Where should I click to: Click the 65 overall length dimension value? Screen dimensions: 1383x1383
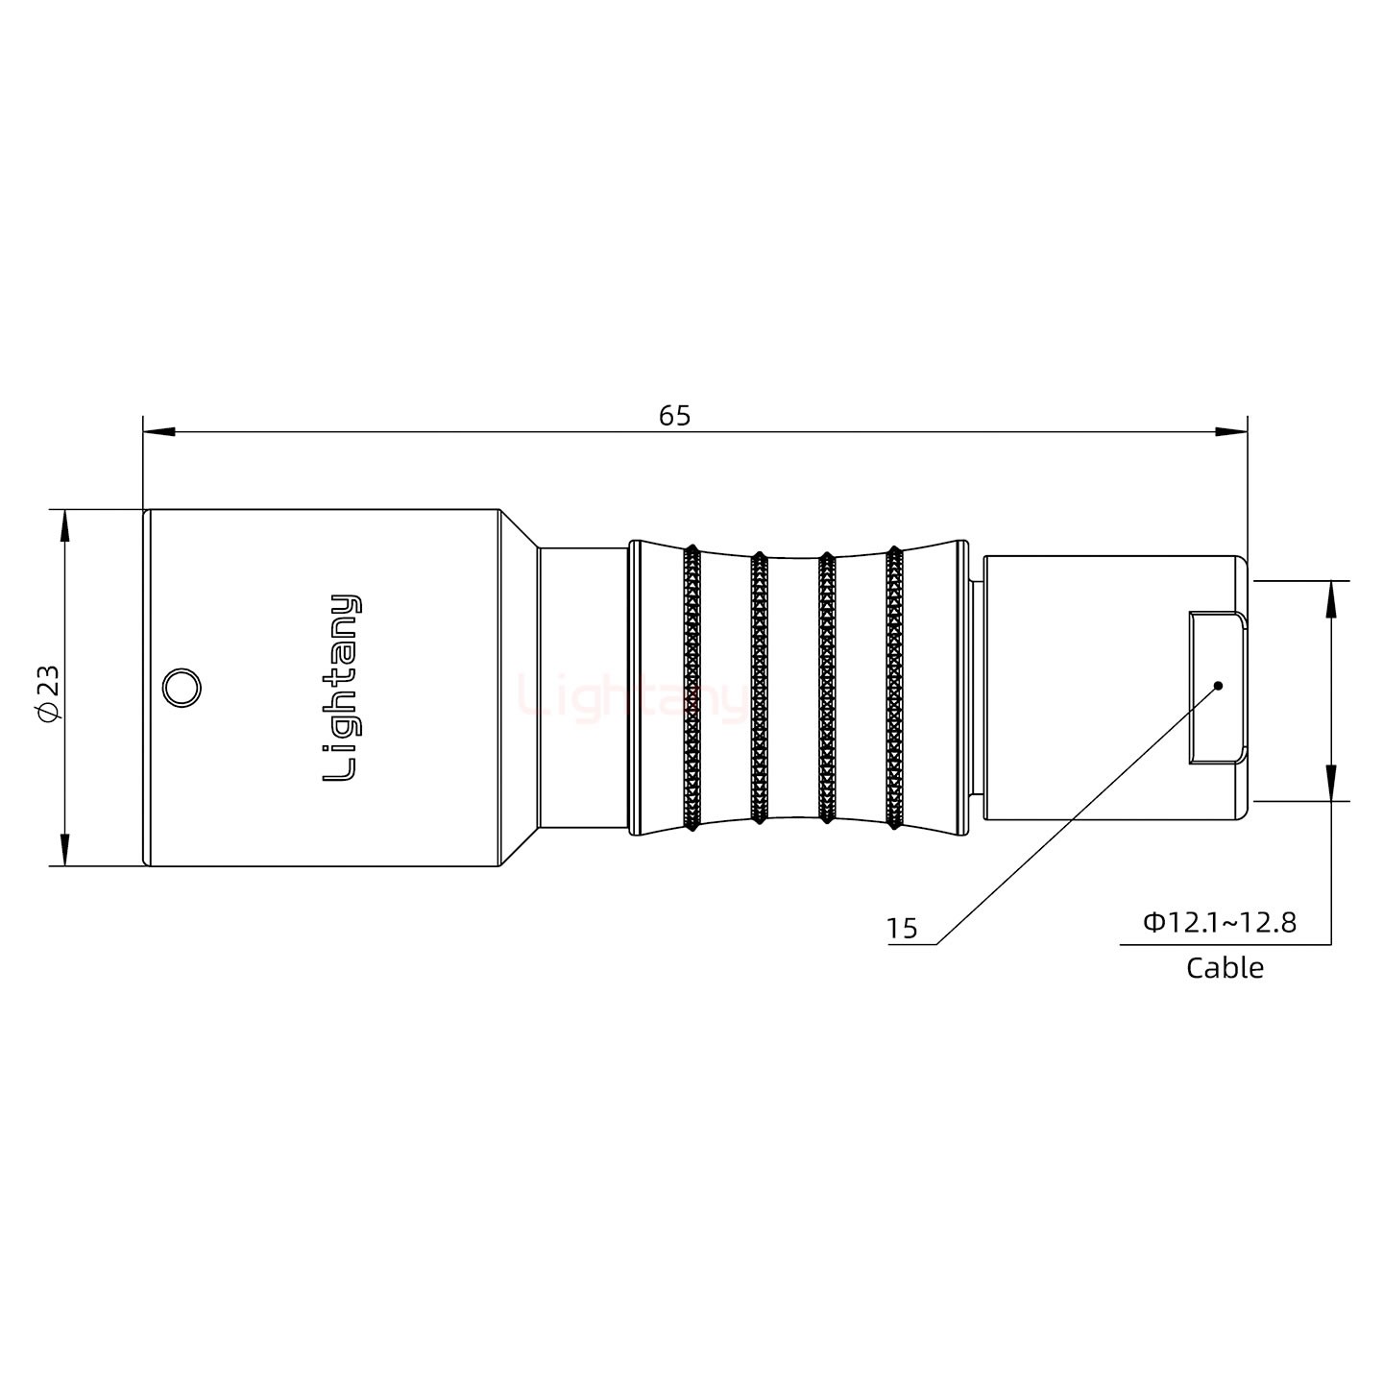tap(674, 416)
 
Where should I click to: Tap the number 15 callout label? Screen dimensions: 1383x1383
tap(901, 929)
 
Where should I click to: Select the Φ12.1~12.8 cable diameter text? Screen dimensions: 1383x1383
tap(1219, 923)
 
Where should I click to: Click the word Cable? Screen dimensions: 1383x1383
tap(1225, 968)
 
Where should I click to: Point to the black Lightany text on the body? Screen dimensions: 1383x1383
tap(342, 688)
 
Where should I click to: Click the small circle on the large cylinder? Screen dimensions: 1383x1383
tap(181, 689)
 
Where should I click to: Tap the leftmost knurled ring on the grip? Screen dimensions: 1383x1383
tap(691, 688)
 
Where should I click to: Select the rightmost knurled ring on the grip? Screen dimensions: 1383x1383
tap(894, 688)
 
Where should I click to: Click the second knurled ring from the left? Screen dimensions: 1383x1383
tap(758, 688)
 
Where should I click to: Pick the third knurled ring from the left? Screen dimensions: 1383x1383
tap(825, 688)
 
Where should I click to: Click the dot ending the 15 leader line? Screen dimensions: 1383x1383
tap(1218, 686)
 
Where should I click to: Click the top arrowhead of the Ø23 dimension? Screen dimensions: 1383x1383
tap(64, 524)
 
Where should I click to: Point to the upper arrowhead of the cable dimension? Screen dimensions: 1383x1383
tap(1331, 597)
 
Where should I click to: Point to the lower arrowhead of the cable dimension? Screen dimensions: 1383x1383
tap(1331, 784)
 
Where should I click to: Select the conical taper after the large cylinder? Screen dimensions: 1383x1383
tap(519, 688)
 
